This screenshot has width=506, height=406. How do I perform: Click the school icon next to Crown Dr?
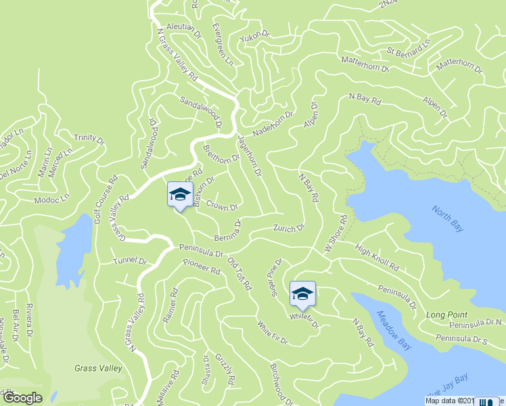point(180,194)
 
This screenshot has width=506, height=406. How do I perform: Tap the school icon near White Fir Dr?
point(302,293)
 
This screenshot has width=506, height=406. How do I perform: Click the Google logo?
point(22,398)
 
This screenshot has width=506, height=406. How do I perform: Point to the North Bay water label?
point(448,218)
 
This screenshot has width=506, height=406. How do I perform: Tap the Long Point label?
point(446,315)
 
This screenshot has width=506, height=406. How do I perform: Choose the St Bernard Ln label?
point(408,50)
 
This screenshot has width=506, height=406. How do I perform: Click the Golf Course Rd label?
point(106,199)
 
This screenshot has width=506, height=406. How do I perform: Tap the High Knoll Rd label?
point(377,258)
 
